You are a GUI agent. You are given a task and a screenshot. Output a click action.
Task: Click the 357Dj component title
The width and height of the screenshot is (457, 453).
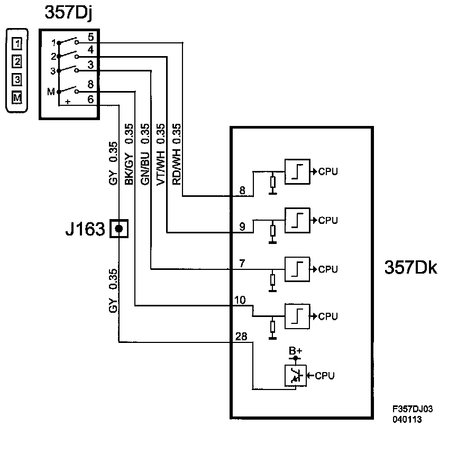pyautogui.click(x=68, y=13)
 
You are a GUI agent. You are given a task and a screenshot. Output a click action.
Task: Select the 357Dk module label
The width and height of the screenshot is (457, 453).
pyautogui.click(x=410, y=267)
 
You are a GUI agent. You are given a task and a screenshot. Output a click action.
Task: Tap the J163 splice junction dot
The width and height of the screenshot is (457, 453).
pyautogui.click(x=119, y=229)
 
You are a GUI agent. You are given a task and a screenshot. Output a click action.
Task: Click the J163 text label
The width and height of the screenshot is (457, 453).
pyautogui.click(x=85, y=229)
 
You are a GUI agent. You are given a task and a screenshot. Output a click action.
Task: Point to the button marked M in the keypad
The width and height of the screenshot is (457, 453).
pyautogui.click(x=17, y=97)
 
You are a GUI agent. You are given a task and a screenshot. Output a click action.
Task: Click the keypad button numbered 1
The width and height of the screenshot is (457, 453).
pyautogui.click(x=17, y=44)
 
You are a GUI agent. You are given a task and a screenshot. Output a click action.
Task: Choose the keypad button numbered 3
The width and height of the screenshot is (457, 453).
pyautogui.click(x=17, y=79)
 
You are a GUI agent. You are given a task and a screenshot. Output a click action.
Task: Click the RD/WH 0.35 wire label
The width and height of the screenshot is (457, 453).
pyautogui.click(x=177, y=154)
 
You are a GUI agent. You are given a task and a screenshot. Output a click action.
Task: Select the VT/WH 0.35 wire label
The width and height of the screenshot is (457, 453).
pyautogui.click(x=161, y=155)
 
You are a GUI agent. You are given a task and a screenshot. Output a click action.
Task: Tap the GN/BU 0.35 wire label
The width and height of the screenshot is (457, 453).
pyautogui.click(x=145, y=154)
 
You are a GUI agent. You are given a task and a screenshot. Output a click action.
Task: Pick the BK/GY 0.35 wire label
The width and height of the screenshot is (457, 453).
pyautogui.click(x=129, y=154)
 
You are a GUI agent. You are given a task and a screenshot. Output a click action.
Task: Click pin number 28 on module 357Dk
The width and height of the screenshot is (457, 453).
pyautogui.click(x=241, y=337)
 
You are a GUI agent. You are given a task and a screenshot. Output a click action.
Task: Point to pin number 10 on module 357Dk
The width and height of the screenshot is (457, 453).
pyautogui.click(x=240, y=300)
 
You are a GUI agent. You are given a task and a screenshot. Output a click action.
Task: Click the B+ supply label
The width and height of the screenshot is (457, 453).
pyautogui.click(x=295, y=351)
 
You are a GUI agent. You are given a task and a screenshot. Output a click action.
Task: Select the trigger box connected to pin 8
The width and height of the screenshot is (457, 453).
pyautogui.click(x=297, y=172)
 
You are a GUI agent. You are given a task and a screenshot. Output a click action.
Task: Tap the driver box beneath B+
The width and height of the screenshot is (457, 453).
pyautogui.click(x=296, y=376)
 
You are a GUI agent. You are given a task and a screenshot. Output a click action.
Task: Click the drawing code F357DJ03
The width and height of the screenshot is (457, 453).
pyautogui.click(x=413, y=409)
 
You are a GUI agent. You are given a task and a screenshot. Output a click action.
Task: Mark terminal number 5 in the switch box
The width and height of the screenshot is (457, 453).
pyautogui.click(x=91, y=37)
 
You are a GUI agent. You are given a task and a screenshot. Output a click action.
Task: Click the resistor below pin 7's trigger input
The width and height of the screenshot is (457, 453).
pyautogui.click(x=272, y=280)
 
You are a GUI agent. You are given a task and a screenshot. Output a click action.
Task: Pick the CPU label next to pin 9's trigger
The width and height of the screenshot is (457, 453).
pyautogui.click(x=328, y=220)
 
